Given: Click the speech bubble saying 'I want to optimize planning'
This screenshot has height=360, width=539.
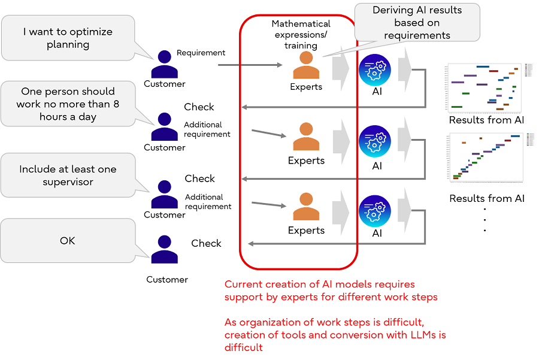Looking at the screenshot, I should pos(67,38).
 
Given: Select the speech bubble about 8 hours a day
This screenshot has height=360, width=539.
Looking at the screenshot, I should pos(67,104).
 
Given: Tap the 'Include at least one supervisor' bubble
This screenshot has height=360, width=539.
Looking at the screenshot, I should pos(67,175).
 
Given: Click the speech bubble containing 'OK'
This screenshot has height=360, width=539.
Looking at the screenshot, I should pos(67,241).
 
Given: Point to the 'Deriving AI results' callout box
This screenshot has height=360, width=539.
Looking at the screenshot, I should pos(417,22).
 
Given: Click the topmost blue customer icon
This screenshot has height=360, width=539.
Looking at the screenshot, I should pos(164,64).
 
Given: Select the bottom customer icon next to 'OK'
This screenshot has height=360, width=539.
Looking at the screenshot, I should pos(164,250).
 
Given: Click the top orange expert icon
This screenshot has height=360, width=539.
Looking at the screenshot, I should pos(306,65).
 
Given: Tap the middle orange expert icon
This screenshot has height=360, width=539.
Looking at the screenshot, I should pos(306,137).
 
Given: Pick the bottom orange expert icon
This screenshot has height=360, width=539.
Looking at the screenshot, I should pos(306,207).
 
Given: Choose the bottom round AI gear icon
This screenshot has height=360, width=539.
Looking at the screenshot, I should pos(376,211).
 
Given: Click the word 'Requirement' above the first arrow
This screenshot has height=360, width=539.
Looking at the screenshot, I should pos(201,53).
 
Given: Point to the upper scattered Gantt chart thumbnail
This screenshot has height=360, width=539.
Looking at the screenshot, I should pos(486,88).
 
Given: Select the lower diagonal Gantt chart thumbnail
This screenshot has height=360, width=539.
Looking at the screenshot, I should pos(486,158).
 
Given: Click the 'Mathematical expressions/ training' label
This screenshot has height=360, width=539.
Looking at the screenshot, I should pos(301,35).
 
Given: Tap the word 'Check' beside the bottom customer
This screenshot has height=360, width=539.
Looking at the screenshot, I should pos(206,243).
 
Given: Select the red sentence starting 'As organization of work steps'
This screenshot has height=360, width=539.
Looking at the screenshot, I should pos(335,335).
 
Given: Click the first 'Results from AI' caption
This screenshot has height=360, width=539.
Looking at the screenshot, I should pos(486,120).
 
